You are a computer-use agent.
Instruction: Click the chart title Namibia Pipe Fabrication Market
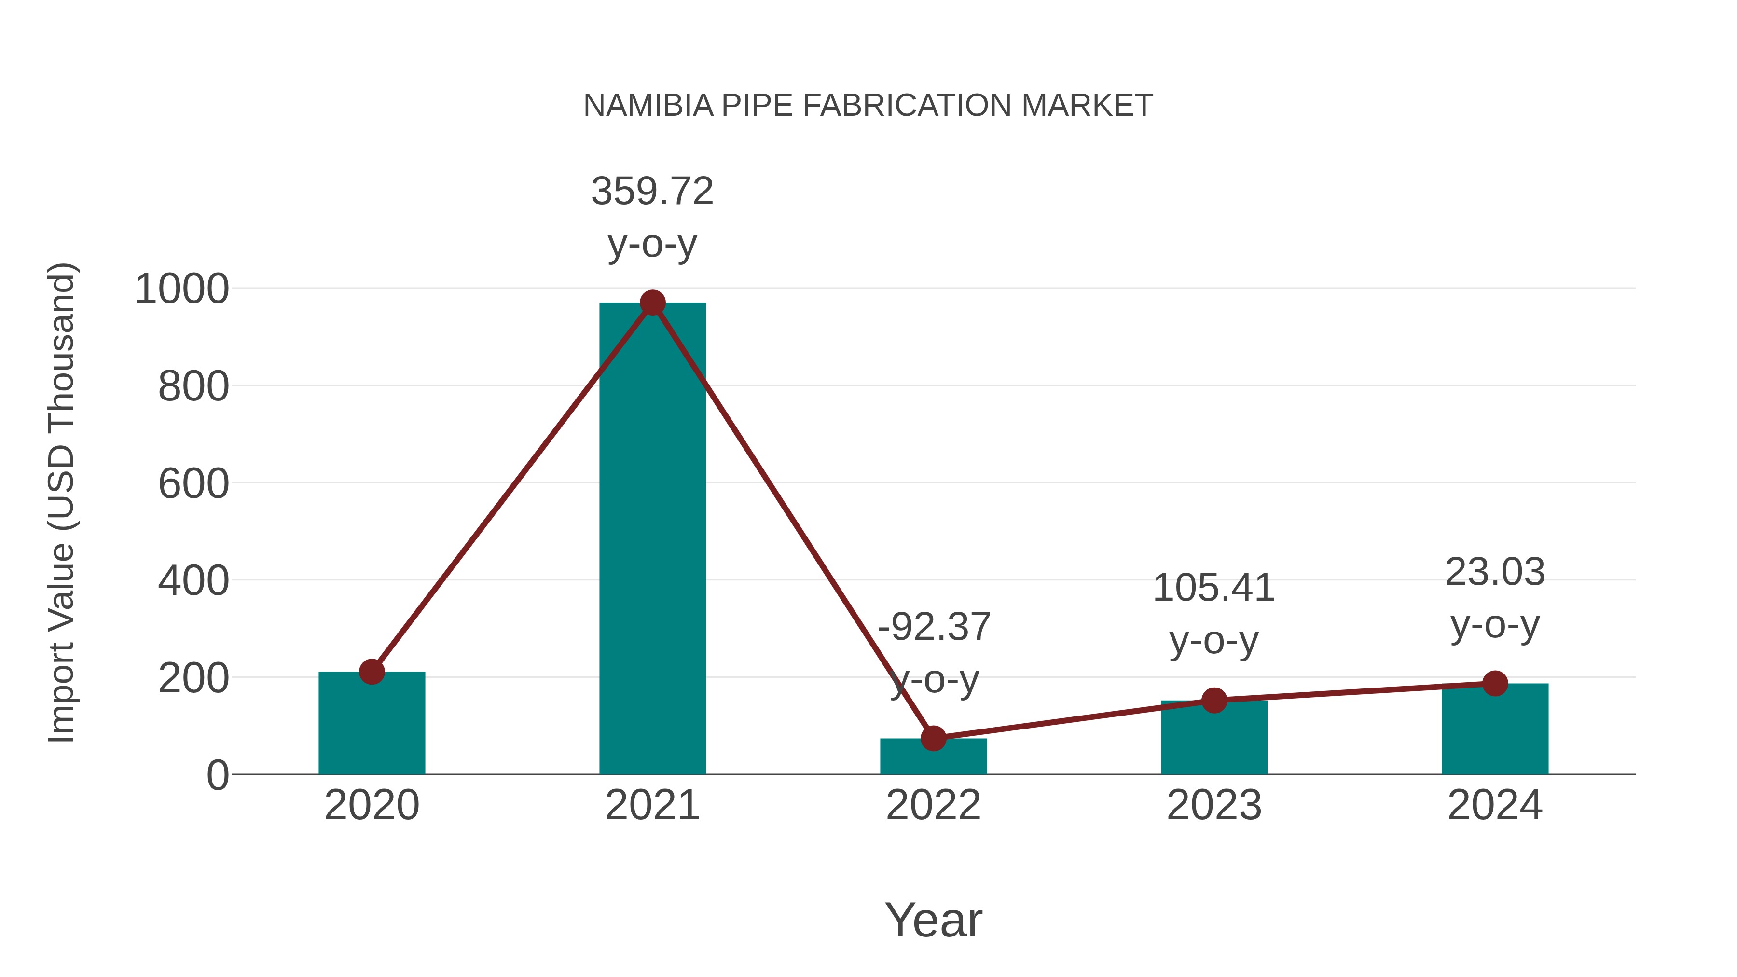point(868,106)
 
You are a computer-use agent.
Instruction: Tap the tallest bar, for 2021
point(652,539)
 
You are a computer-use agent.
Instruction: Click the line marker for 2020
point(372,672)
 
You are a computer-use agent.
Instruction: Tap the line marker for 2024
point(1495,683)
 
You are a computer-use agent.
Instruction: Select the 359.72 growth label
point(652,192)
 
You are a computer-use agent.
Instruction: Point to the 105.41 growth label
point(1214,588)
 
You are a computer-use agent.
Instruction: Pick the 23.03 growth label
point(1495,572)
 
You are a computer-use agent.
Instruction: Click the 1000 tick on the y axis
point(182,289)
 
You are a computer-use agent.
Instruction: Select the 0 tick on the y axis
point(217,775)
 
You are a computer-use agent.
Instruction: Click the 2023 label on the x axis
point(1214,805)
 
